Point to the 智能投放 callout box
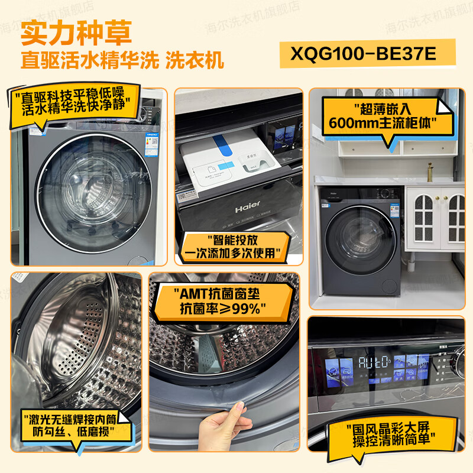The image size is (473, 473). [237, 247]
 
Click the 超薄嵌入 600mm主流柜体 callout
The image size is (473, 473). [388, 116]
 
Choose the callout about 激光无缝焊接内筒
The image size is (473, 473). [76, 426]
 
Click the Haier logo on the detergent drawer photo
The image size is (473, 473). [248, 209]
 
